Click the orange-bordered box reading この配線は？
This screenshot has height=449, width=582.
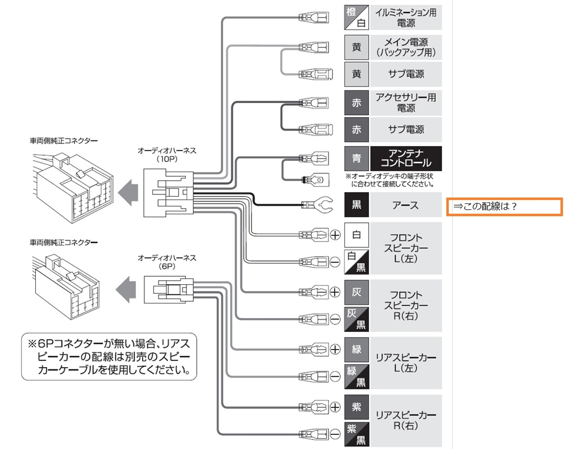504,206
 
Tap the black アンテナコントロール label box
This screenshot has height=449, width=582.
405,159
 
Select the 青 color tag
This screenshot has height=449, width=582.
356,159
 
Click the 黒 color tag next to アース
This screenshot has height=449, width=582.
356,205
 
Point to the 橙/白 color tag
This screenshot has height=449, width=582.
356,18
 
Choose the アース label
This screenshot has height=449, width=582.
405,205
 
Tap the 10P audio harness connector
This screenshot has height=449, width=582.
168,193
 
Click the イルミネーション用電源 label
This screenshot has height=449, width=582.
405,18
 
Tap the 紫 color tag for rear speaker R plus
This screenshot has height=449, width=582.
356,407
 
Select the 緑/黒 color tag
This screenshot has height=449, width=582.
356,376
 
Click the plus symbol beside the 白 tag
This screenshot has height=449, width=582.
335,234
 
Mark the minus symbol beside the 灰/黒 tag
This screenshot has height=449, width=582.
335,319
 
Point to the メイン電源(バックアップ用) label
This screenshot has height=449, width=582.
405,47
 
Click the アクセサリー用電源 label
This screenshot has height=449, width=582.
405,102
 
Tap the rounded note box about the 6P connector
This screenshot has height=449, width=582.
108,357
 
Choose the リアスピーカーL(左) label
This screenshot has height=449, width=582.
405,362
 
